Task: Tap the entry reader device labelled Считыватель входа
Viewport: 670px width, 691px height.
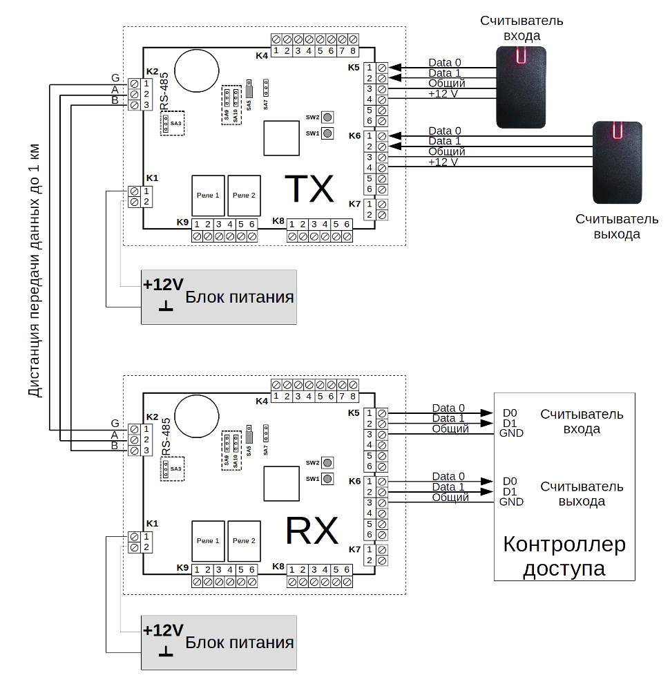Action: tap(521, 86)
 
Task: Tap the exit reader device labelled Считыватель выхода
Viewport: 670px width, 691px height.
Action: tap(617, 162)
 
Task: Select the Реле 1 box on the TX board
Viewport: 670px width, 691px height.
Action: tap(207, 196)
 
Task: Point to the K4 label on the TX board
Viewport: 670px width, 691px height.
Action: tap(262, 55)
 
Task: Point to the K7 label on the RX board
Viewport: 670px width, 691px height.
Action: tap(355, 549)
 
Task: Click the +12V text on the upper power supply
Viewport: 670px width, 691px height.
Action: tap(163, 285)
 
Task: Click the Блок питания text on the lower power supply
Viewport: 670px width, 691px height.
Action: tap(240, 643)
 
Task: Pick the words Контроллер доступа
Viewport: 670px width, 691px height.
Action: tap(564, 556)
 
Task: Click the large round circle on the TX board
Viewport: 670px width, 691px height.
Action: tap(194, 68)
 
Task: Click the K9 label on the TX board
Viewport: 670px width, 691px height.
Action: tap(182, 222)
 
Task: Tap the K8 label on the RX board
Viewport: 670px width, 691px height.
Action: tap(278, 567)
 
